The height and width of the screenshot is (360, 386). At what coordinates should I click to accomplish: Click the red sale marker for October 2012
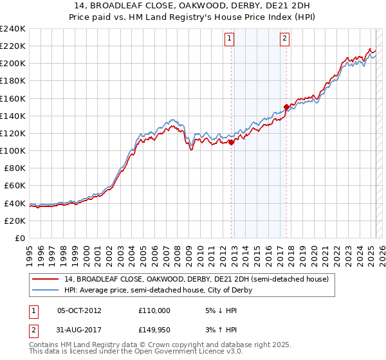click(x=232, y=142)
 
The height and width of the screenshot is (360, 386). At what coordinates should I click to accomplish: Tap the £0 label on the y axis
click(x=19, y=238)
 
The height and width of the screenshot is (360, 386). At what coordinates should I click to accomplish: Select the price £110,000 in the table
click(x=154, y=310)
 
